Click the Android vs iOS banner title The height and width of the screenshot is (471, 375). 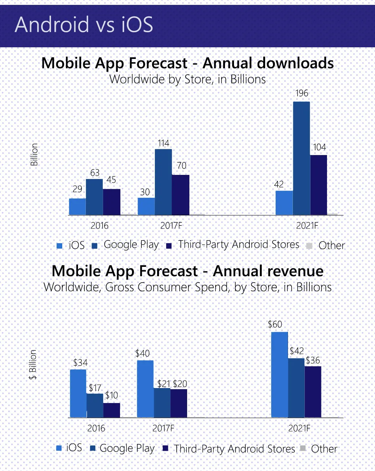84,25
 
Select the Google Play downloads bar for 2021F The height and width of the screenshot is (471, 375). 301,158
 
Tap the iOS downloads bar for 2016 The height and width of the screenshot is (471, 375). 78,206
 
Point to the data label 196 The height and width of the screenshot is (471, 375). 301,93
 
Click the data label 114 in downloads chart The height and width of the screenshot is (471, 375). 163,143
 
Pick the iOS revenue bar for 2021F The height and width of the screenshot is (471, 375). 279,374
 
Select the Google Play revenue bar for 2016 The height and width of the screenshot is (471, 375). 95,405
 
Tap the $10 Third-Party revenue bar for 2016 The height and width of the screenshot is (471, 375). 112,410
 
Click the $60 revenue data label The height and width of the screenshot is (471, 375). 275,324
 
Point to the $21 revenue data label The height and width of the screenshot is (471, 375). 164,384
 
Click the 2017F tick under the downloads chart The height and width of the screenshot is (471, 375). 171,226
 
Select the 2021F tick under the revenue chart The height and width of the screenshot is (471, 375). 299,428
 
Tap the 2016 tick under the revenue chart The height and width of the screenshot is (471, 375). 96,428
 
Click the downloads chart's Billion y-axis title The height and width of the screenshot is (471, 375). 34,154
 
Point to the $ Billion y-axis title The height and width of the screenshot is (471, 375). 33,364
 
